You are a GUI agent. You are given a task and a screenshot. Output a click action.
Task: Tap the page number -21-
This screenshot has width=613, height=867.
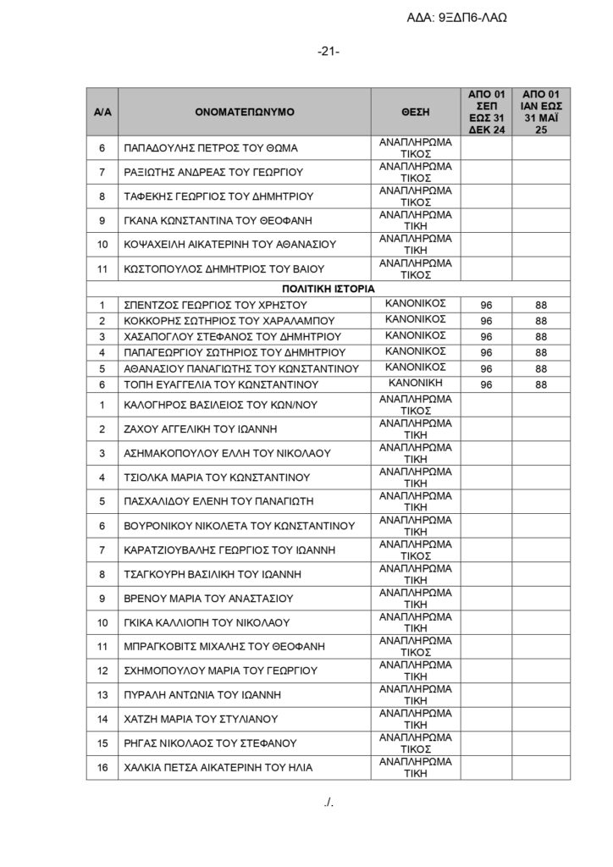(329, 52)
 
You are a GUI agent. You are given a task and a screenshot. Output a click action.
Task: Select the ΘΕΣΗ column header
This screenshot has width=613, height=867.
(415, 111)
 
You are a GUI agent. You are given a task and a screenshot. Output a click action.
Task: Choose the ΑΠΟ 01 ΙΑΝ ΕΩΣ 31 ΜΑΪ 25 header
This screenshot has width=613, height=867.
(541, 111)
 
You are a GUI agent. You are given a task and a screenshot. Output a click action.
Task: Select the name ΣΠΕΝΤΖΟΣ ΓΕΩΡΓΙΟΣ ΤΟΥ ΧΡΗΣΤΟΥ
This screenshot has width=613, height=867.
(213, 305)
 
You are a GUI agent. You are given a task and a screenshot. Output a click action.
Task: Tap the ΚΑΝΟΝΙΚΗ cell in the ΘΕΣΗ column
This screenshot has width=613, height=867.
(415, 384)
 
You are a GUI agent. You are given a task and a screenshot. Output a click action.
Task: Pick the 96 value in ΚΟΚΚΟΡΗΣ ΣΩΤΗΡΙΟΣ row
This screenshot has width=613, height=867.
(486, 321)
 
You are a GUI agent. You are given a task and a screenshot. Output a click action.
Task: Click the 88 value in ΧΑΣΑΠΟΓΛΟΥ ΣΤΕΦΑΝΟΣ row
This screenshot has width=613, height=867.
(541, 337)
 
